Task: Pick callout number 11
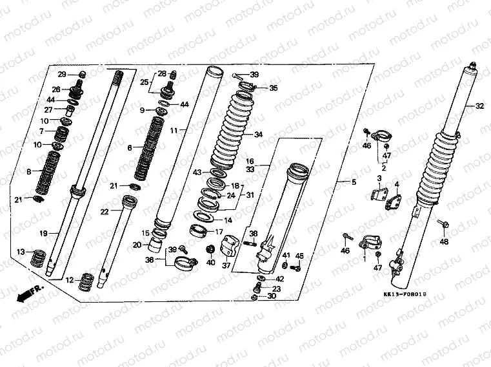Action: pyautogui.click(x=174, y=130)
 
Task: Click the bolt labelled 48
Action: pyautogui.click(x=445, y=225)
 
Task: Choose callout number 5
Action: pyautogui.click(x=353, y=182)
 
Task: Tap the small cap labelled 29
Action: pyautogui.click(x=81, y=74)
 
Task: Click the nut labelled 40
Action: pyautogui.click(x=210, y=249)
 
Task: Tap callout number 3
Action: pyautogui.click(x=379, y=178)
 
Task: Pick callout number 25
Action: pyautogui.click(x=145, y=82)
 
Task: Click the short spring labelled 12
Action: pyautogui.click(x=85, y=281)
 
